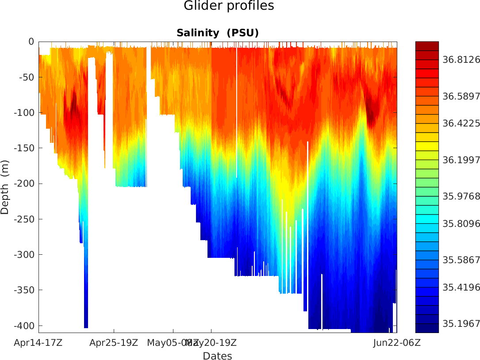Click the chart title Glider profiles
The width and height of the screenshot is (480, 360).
[x=229, y=6]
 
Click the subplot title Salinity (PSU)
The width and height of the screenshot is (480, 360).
[x=217, y=33]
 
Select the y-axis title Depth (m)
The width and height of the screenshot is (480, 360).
[x=5, y=187]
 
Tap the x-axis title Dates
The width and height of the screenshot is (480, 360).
[x=217, y=356]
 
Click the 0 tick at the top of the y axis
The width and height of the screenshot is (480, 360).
[x=31, y=42]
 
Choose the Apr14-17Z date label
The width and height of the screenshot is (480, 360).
[x=38, y=342]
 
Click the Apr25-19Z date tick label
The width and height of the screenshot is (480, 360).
[x=114, y=342]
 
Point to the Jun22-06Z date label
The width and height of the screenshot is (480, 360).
[x=396, y=342]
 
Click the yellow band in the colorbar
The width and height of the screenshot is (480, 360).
[x=427, y=146]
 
